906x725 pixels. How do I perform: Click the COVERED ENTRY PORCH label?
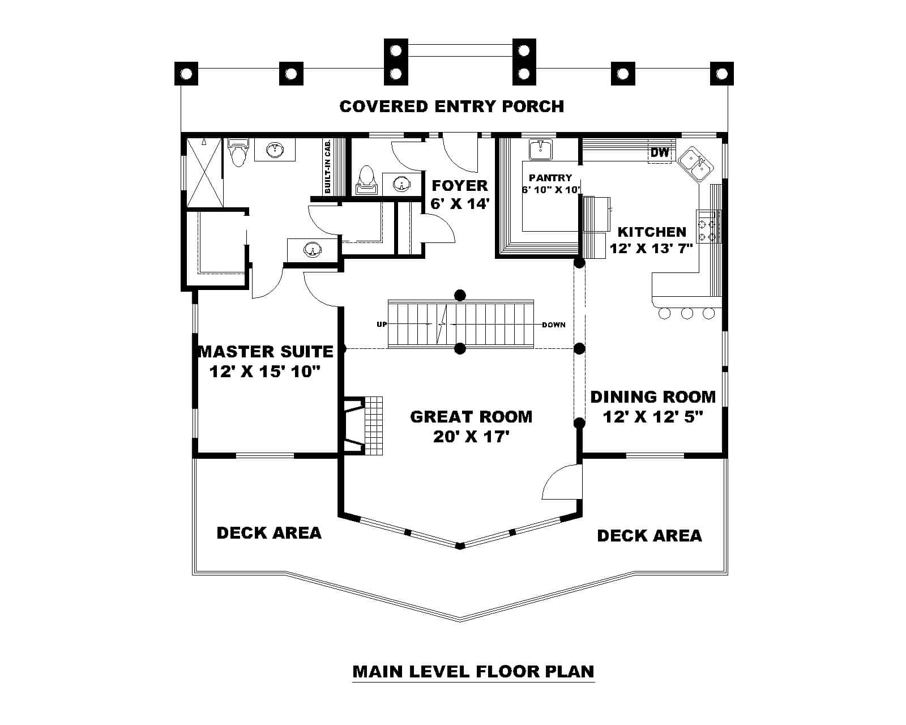point(451,106)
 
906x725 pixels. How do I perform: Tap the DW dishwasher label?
point(660,152)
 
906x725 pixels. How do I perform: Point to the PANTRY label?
point(550,177)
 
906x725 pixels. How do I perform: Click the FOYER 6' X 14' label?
point(459,194)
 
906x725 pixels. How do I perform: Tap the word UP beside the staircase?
point(382,325)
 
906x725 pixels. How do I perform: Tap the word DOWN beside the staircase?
point(553,325)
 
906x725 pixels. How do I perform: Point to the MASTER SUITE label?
point(266,351)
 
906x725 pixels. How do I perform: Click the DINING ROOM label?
point(652,396)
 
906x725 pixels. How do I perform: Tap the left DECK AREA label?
point(269,532)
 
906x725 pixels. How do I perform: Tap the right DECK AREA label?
point(649,535)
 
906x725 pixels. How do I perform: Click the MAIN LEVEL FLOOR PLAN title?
point(473,671)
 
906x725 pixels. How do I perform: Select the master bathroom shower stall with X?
point(205,172)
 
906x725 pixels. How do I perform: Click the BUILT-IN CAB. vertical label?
point(328,167)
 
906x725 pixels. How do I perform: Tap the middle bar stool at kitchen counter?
point(687,313)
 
